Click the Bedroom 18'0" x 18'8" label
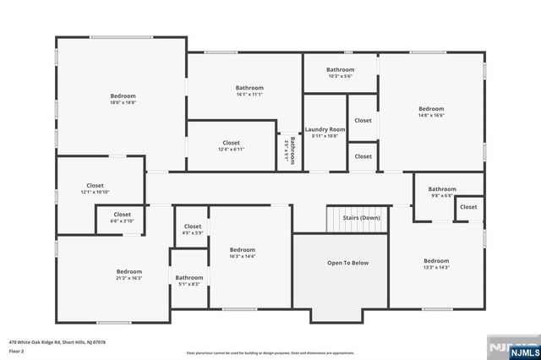click(x=123, y=100)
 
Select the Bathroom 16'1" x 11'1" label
click(x=249, y=91)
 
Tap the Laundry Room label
click(x=325, y=132)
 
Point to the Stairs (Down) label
click(x=361, y=217)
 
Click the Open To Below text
click(x=347, y=263)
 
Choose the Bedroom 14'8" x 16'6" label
click(x=431, y=112)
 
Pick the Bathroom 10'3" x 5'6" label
click(x=340, y=73)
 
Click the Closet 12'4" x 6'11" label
click(x=231, y=146)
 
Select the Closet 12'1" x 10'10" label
click(x=95, y=188)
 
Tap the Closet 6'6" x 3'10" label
click(x=122, y=218)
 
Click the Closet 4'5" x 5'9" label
click(x=193, y=230)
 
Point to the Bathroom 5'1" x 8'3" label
click(x=189, y=281)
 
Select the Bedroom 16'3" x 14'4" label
click(x=243, y=253)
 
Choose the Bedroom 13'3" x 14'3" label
click(x=436, y=264)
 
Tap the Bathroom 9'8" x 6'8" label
click(x=441, y=192)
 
